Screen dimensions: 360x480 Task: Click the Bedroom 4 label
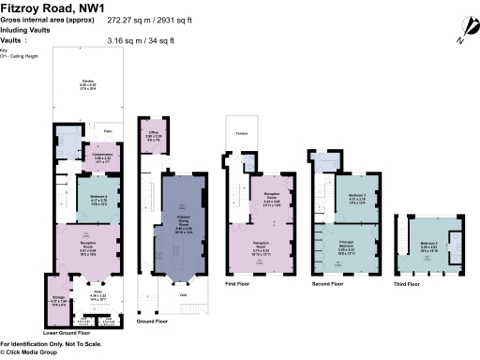(x=97, y=198)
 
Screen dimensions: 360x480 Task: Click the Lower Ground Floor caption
(x=67, y=332)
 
